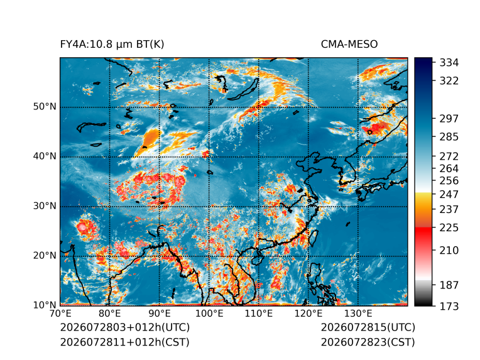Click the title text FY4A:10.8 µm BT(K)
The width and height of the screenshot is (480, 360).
(112, 45)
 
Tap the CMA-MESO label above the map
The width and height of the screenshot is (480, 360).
(349, 45)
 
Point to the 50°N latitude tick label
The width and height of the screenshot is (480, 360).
(45, 107)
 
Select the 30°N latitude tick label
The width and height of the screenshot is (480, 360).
(45, 206)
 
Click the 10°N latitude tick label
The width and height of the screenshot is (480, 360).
(45, 305)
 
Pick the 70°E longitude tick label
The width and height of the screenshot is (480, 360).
(60, 314)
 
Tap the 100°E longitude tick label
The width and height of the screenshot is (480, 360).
(209, 314)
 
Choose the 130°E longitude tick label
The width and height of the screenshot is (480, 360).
(358, 314)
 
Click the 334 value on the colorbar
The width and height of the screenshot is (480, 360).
(449, 63)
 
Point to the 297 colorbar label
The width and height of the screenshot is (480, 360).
(449, 119)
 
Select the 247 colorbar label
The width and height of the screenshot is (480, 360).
(449, 194)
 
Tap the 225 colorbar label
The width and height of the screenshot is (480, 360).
(449, 228)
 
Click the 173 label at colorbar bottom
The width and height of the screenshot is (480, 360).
(449, 306)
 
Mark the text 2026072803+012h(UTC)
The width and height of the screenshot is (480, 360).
(125, 327)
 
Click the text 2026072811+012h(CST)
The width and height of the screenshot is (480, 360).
(125, 342)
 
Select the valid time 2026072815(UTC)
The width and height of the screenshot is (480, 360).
(368, 327)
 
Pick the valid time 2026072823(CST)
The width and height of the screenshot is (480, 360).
(368, 342)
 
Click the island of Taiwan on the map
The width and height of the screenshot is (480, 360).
(313, 238)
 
